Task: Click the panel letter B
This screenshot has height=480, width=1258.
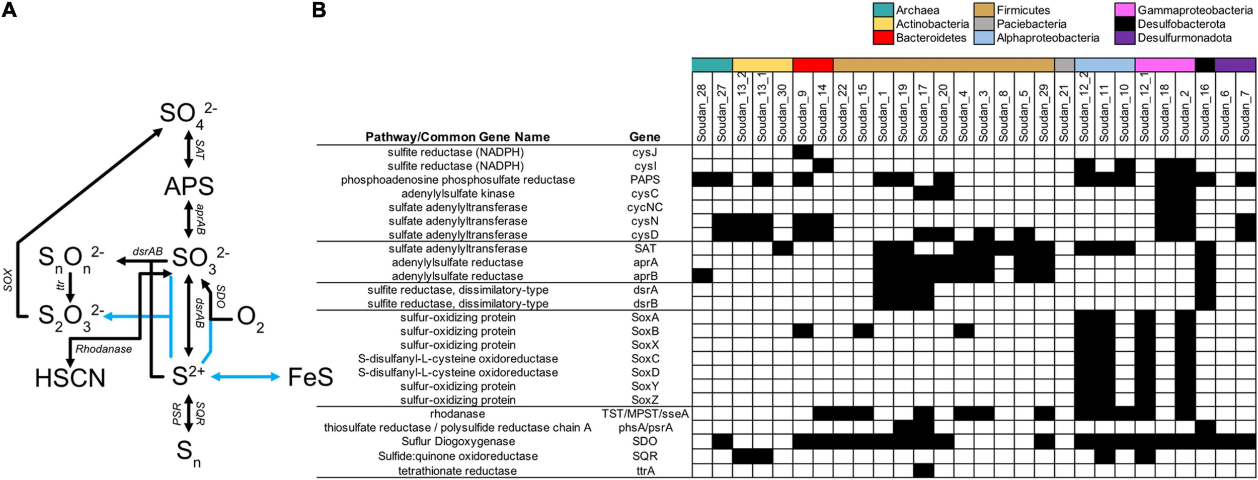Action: click(319, 10)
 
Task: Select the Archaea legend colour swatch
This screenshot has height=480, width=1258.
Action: click(883, 10)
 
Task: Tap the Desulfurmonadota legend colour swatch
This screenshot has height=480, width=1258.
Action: click(1124, 38)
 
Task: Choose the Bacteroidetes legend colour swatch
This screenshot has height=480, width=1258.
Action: click(883, 38)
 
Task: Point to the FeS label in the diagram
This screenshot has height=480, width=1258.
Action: click(310, 377)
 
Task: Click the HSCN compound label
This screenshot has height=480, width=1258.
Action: click(70, 378)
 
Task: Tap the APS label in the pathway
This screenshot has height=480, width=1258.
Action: click(189, 187)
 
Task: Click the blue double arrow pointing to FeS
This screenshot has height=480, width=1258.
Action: click(245, 376)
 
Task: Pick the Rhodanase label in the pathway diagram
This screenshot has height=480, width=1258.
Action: click(104, 349)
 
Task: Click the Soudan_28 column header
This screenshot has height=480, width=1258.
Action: click(702, 113)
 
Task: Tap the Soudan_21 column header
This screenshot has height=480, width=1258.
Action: click(1064, 113)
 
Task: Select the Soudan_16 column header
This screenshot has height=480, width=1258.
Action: click(1205, 113)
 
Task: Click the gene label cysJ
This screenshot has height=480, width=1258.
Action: click(645, 152)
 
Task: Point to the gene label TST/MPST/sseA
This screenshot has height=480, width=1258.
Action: click(645, 414)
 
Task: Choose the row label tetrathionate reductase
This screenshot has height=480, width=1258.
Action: click(457, 471)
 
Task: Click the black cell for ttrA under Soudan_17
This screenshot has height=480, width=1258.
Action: click(923, 471)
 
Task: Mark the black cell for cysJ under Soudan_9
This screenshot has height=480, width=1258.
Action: click(803, 152)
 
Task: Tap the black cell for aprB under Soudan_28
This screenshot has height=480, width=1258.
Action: click(702, 276)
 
